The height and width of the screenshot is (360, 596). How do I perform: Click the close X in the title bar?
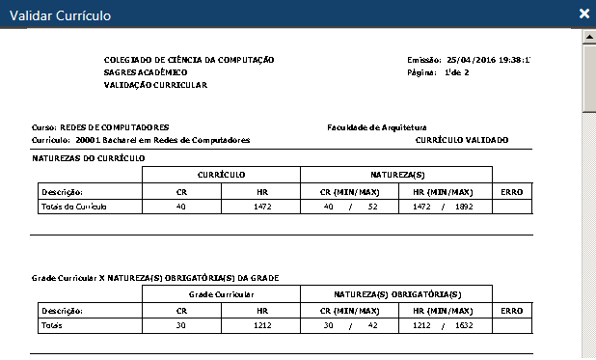tap(583, 14)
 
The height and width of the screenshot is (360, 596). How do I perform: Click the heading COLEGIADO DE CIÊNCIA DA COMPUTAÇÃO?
tap(189, 60)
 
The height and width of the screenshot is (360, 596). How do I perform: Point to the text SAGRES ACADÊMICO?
tap(146, 72)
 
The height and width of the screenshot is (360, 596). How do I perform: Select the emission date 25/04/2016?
tap(467, 60)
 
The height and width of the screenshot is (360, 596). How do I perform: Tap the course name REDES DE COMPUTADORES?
tap(115, 127)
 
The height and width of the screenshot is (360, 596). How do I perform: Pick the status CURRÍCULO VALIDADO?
tap(462, 140)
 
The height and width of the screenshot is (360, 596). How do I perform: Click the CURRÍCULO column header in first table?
tap(221, 175)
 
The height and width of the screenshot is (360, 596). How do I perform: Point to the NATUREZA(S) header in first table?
tap(396, 175)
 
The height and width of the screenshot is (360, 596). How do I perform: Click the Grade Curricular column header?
tap(221, 293)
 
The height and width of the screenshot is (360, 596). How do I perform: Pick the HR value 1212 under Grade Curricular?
tap(260, 326)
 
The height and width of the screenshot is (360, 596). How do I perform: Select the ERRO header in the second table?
tap(512, 311)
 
